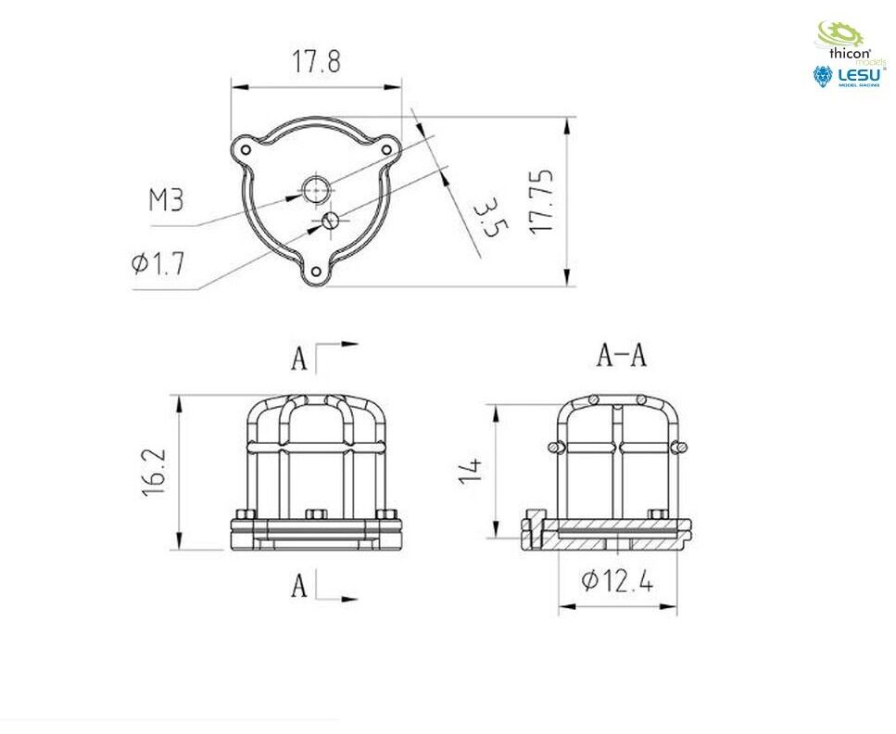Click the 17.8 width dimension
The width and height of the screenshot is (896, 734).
coord(317,62)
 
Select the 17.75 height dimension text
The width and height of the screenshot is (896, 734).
coord(542,201)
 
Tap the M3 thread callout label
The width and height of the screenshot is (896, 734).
coord(166,201)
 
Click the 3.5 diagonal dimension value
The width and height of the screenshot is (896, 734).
coord(490,217)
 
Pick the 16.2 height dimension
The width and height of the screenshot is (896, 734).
coord(155,472)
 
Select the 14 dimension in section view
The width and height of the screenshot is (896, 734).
coord(471,471)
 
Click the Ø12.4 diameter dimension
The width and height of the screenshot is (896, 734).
coord(617,581)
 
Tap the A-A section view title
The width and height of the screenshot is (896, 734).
coord(622,355)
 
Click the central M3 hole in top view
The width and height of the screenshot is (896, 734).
coord(316,190)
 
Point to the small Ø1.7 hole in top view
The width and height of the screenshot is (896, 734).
coord(331,220)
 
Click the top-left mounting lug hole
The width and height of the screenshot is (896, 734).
coord(246,150)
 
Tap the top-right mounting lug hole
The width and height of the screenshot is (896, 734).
coord(386,150)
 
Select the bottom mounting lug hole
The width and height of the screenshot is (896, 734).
coord(315,272)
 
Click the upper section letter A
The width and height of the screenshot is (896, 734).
coord(299,359)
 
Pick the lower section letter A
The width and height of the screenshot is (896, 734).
coord(299,586)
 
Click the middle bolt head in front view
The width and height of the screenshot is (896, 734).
coord(316,514)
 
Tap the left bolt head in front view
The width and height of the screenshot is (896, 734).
coord(246,514)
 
